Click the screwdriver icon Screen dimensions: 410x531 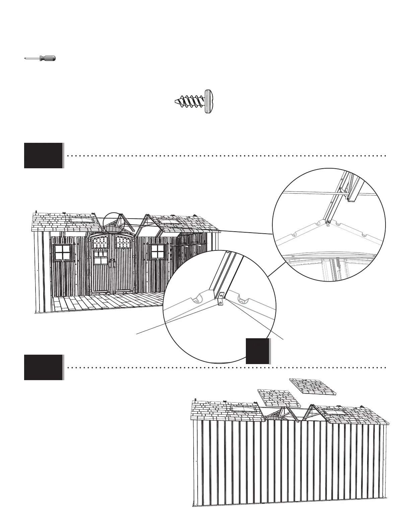point(40,58)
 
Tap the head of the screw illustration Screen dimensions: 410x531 point(209,102)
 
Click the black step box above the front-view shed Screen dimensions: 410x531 point(44,156)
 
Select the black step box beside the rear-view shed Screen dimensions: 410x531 point(44,367)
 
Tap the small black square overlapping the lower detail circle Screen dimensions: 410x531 point(258,351)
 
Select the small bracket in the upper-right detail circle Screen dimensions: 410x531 point(328,223)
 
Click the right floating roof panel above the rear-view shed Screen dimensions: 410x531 point(313,387)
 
